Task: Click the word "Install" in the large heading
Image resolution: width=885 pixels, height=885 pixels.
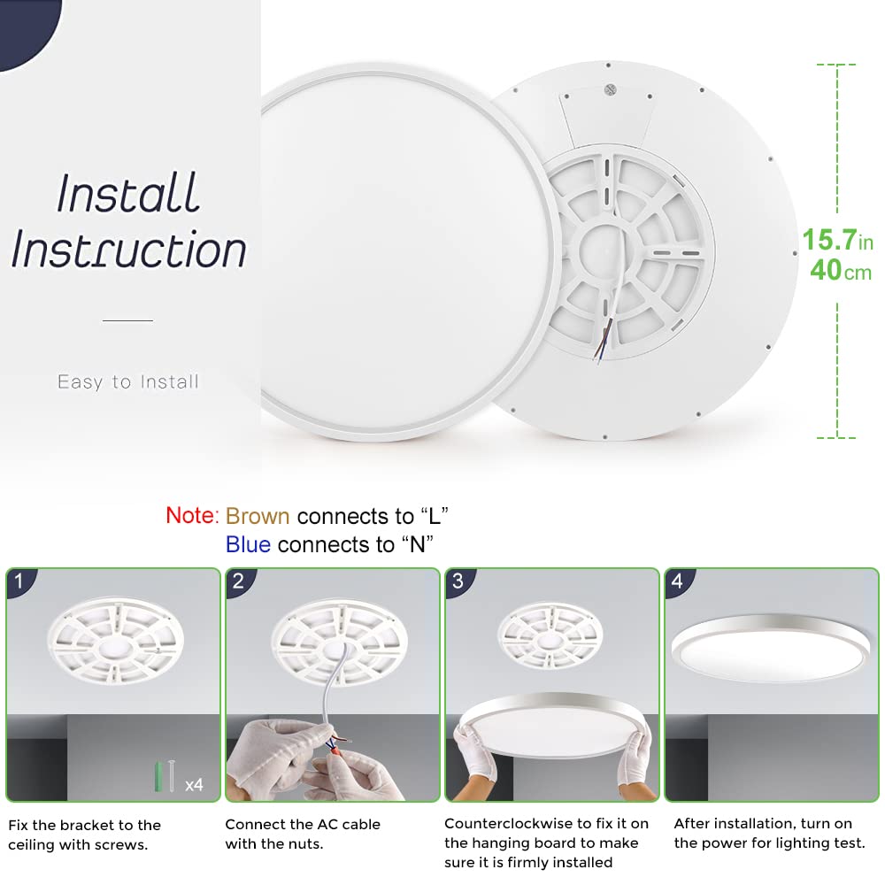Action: (129, 193)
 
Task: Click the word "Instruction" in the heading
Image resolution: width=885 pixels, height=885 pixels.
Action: (129, 250)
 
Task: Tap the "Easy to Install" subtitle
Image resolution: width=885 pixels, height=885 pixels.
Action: (128, 382)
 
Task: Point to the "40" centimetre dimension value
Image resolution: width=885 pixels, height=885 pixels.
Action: (825, 270)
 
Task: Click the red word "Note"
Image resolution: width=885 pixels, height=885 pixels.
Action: (190, 515)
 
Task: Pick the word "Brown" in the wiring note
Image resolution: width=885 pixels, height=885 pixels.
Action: (258, 516)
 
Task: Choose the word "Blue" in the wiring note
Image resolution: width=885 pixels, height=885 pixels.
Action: (248, 544)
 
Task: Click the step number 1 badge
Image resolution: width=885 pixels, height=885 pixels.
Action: (20, 581)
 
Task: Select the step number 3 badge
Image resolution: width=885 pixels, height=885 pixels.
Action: (458, 581)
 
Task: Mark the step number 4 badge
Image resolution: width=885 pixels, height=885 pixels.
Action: (677, 581)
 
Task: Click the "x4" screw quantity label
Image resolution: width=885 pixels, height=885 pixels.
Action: (194, 784)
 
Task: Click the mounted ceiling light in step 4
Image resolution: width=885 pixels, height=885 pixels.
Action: (766, 650)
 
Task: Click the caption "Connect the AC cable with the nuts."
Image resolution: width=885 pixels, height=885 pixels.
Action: (303, 834)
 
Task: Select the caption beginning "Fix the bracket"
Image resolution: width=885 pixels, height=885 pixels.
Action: (85, 834)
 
